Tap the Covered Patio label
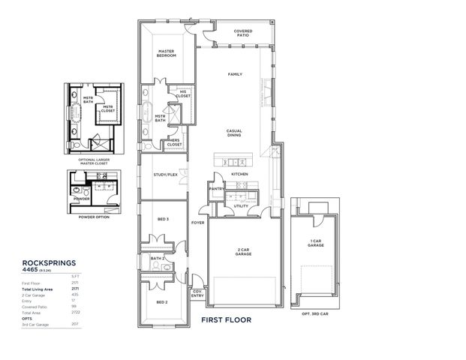pos(242,34)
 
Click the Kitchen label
pos(239,174)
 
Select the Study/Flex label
pos(164,175)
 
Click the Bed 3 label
pos(161,219)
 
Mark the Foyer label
pos(197,223)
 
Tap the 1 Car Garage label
pos(316,243)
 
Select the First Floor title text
pos(226,319)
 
